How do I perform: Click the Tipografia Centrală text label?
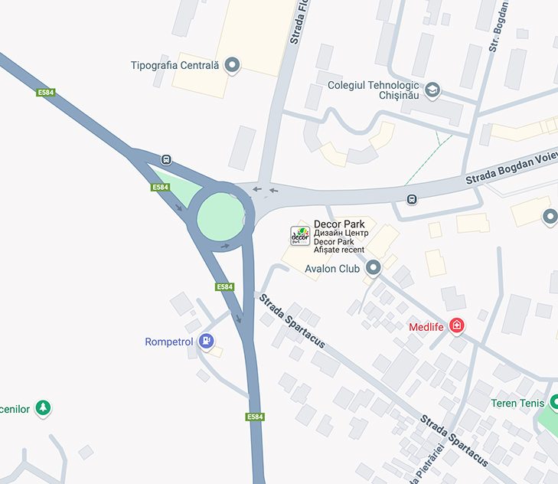coord(175,65)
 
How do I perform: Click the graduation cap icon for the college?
coord(432,90)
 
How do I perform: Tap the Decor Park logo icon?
coord(300,236)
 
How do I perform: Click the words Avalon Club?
coord(332,269)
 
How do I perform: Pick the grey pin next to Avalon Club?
coord(374,268)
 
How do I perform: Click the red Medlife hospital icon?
coord(457,326)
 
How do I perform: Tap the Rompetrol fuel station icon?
coord(206,342)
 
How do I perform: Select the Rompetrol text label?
coord(169,342)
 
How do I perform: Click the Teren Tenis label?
coord(517,403)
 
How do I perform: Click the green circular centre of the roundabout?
coord(220,215)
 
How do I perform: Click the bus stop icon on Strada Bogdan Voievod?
coord(412,200)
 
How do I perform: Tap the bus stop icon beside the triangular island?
coord(166,160)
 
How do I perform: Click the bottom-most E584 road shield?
coord(255,417)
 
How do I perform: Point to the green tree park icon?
coord(44,408)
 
